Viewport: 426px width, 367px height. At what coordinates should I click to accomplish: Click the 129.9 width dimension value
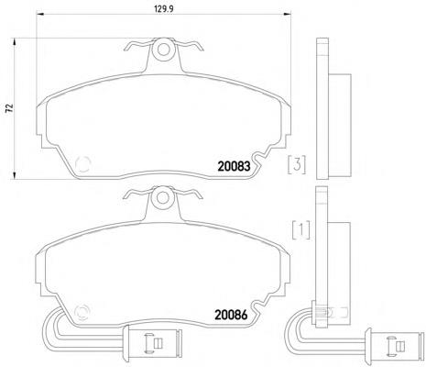point(164,9)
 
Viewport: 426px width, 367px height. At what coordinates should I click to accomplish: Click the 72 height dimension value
point(10,108)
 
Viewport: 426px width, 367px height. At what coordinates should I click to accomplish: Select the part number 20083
point(234,166)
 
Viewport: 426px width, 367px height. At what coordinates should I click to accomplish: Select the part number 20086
point(231,315)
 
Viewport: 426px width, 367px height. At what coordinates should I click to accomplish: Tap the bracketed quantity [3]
point(297,165)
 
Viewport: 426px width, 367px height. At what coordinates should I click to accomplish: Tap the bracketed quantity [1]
point(301,229)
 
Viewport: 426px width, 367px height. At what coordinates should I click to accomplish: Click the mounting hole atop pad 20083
point(164,50)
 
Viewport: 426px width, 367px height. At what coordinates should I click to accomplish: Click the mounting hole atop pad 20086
point(163,197)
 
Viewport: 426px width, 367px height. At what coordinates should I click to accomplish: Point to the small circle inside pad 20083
point(82,164)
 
